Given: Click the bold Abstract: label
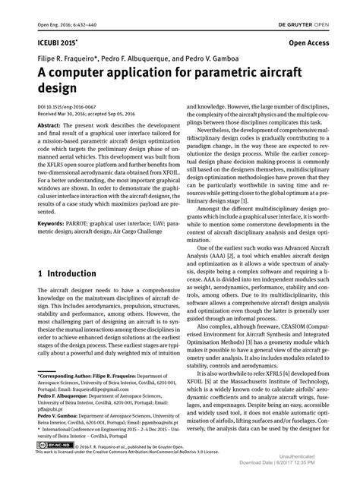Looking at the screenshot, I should [50, 124].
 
